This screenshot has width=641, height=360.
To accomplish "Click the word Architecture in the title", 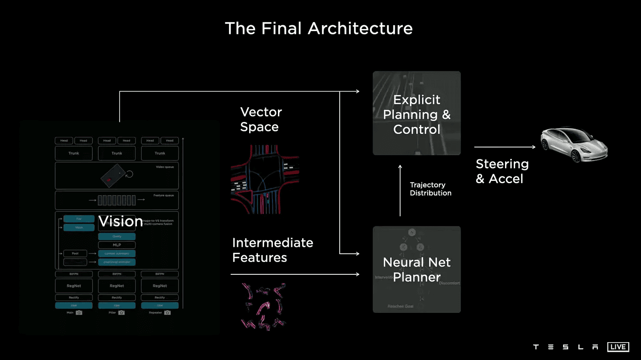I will tap(360, 28).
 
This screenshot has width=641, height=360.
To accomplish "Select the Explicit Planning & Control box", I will tap(417, 113).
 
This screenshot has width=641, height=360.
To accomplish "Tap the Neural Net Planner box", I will tap(417, 269).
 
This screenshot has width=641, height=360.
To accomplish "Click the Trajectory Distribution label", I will tap(430, 189).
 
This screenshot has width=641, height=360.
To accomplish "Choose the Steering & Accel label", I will tap(502, 171).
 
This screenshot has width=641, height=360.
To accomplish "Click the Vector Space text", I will tap(261, 119).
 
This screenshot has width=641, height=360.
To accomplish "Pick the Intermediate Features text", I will tap(272, 250).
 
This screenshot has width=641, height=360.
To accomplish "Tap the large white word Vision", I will tap(121, 222).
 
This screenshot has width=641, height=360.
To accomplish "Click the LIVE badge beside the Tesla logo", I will tap(618, 347).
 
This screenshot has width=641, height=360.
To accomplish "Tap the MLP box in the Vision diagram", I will tap(117, 245).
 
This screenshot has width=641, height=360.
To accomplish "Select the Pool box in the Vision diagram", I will tap(75, 253).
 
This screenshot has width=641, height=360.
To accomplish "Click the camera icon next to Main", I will tap(79, 312).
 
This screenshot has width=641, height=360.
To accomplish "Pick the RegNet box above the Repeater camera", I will tap(160, 286).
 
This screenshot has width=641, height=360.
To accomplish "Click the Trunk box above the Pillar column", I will tap(117, 153).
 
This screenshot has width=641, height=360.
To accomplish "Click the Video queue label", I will tap(164, 167).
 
